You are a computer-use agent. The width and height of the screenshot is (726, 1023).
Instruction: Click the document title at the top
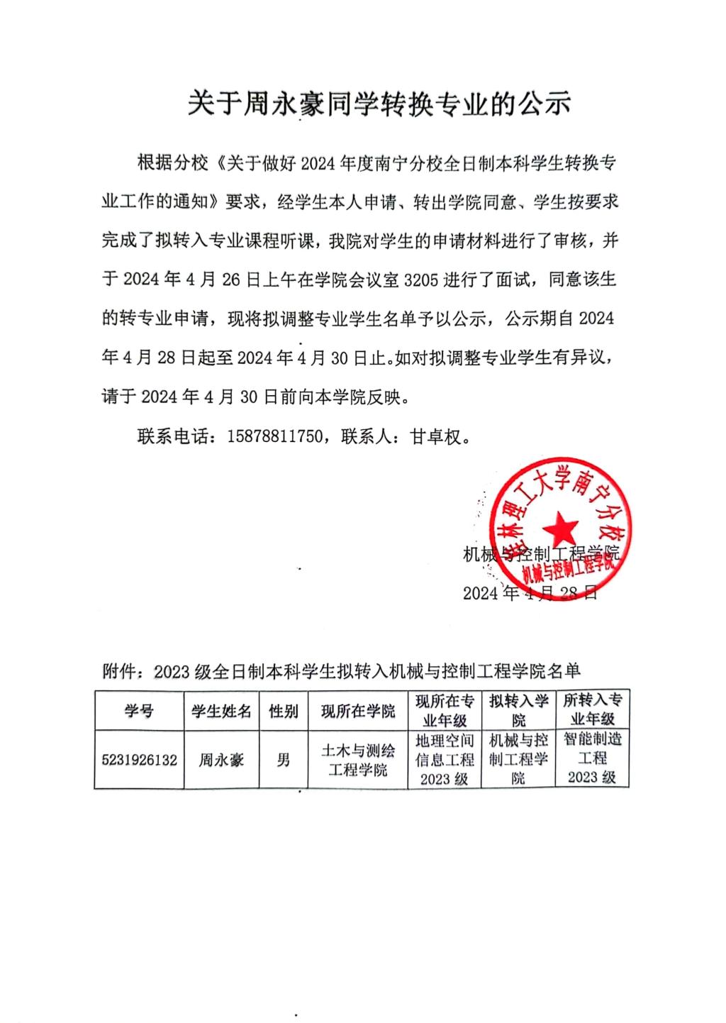379,104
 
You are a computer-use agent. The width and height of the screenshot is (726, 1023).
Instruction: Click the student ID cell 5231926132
140,760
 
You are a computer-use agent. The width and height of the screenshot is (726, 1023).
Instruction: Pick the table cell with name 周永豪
221,760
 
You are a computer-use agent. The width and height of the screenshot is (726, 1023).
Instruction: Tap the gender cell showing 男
284,760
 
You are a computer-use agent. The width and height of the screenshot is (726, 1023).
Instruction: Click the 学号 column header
140,710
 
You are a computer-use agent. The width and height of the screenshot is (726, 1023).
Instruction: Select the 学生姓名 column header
221,710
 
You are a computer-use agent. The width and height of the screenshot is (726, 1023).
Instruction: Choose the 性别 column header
284,710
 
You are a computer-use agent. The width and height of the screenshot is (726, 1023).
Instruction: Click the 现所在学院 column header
358,710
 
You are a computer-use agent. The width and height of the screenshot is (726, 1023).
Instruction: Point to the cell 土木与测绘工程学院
358,760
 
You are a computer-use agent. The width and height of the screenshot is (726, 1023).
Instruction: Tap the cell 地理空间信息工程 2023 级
445,760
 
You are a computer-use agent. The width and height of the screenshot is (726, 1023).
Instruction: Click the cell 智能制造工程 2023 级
592,758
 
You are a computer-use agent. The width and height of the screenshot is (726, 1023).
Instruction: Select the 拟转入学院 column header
519,710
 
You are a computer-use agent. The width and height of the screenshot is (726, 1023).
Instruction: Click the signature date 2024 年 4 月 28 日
530,593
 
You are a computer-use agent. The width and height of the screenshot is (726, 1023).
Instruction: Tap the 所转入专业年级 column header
592,709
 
